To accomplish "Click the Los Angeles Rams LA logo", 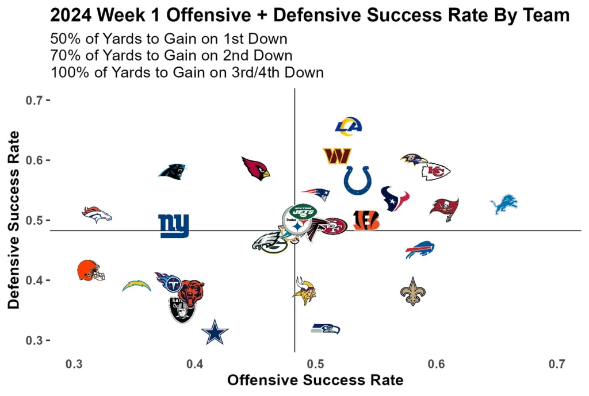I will coord(348,126).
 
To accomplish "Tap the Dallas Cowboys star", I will coord(215,333).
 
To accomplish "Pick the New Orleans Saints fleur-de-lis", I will coord(412,291).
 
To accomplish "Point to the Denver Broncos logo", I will coord(96,214).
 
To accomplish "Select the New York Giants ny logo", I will coord(173,226).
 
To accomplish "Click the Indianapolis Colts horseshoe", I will coord(357,180).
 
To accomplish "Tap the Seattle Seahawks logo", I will coord(325,329).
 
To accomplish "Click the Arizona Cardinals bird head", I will coord(255,168).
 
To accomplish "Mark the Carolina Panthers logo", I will coord(173,171).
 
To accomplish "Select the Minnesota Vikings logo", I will coord(304,290).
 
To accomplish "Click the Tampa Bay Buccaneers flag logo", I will coord(444,208).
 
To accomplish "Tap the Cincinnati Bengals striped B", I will coord(366,221).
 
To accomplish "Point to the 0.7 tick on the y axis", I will coord(36,101).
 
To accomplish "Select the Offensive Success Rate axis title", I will coord(315,380).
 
